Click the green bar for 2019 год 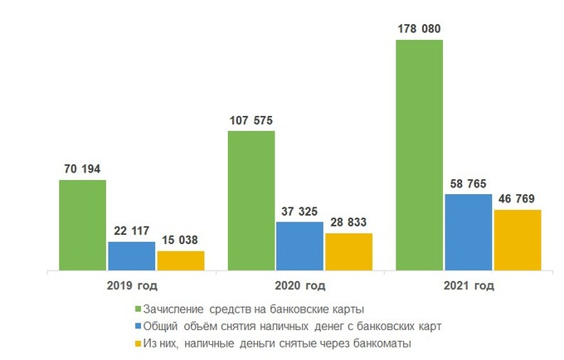82,225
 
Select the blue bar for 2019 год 131,255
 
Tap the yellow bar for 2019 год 180,260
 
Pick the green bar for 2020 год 250,200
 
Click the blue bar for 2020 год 299,246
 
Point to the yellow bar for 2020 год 348,251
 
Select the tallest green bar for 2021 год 419,154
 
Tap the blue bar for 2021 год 468,231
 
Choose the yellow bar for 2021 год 517,240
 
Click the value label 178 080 418,30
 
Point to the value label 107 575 250,121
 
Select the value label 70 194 82,170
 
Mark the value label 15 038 180,241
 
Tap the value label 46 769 517,199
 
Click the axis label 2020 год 299,286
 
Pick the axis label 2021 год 468,286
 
